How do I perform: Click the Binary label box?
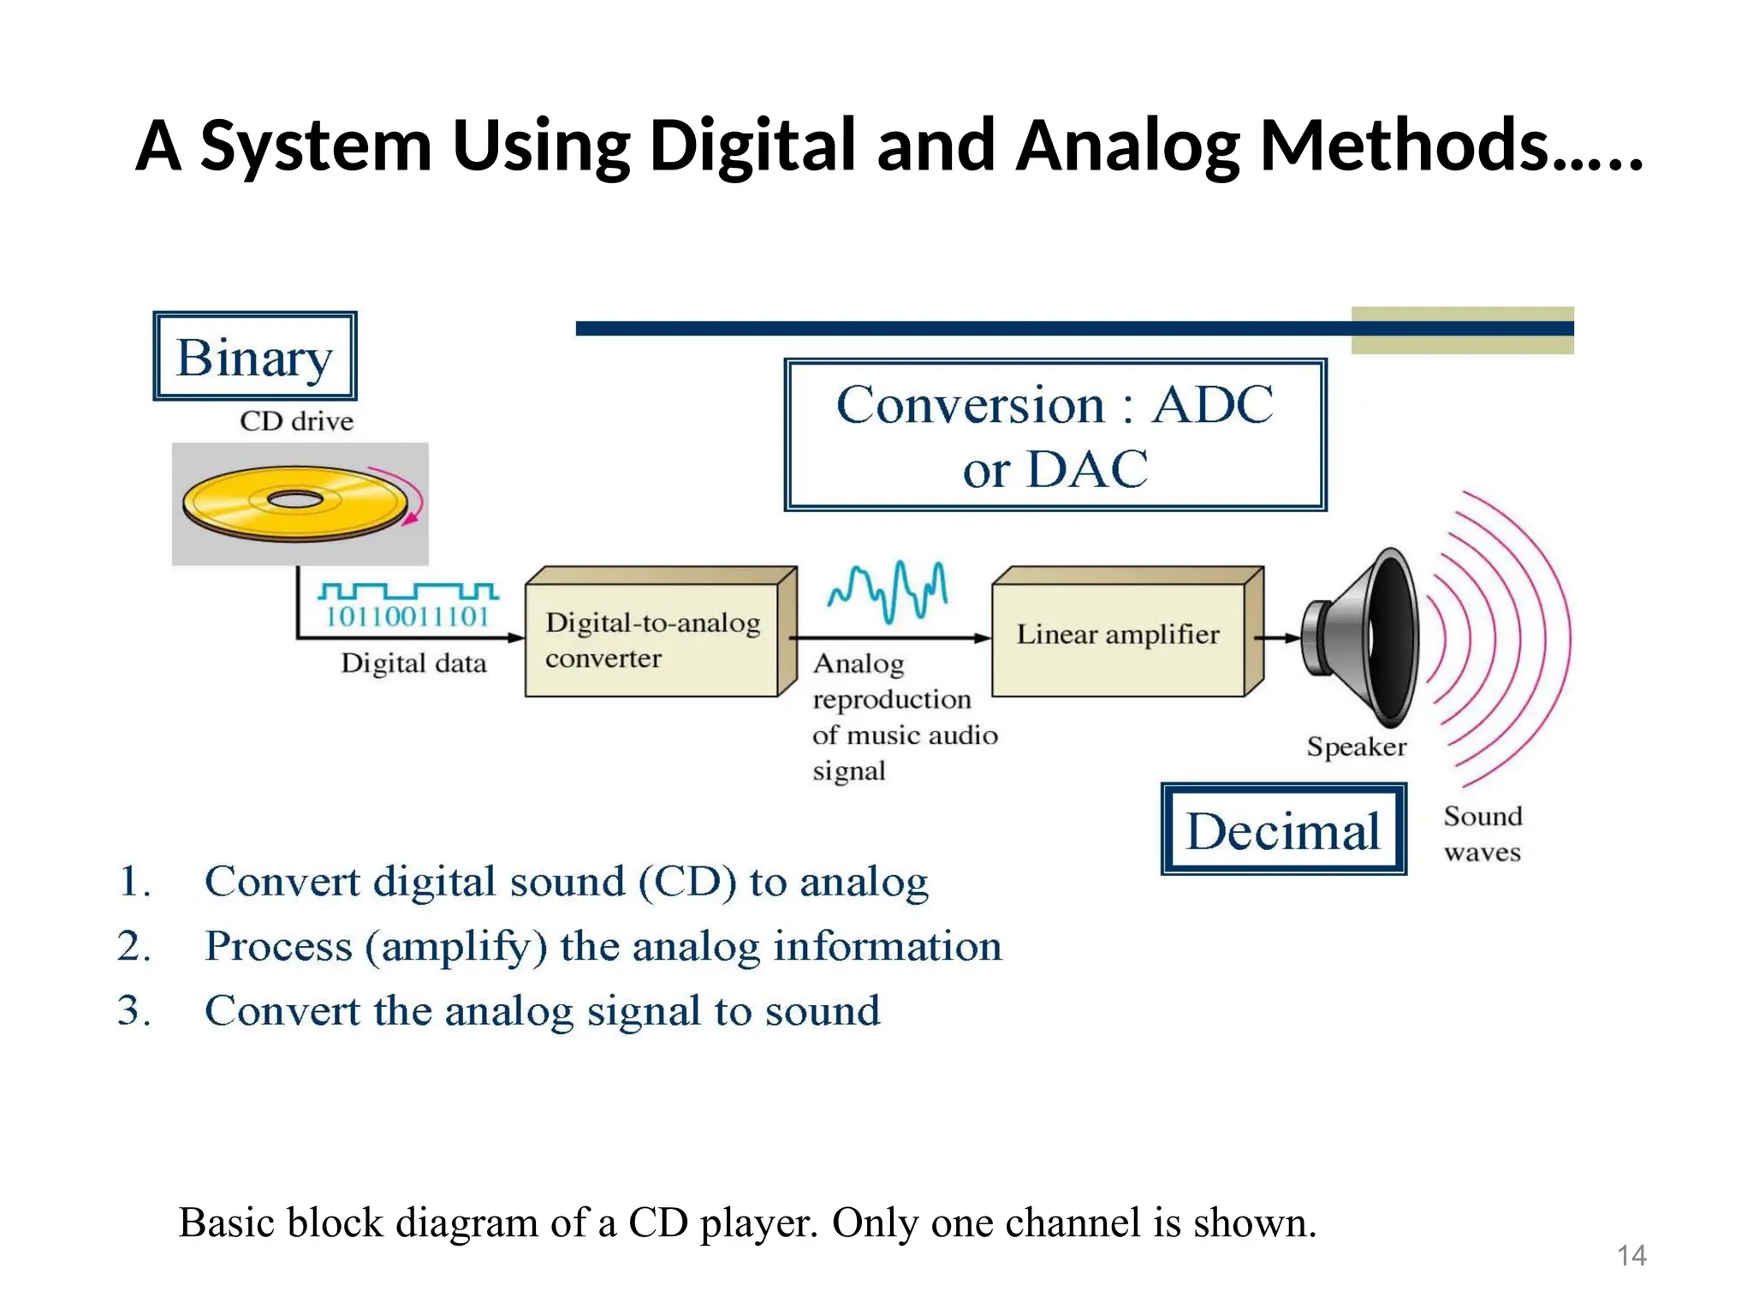254,356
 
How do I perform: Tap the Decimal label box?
1282,830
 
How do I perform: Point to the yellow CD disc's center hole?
295,500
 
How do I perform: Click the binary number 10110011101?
407,616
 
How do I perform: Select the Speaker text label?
1356,747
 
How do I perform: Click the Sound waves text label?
1483,834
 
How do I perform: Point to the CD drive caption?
296,421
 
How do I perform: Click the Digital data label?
413,663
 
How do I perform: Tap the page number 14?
1631,1255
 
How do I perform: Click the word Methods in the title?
1404,146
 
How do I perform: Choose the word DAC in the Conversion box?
1087,469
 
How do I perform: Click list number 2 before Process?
134,947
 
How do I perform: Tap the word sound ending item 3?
822,1011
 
